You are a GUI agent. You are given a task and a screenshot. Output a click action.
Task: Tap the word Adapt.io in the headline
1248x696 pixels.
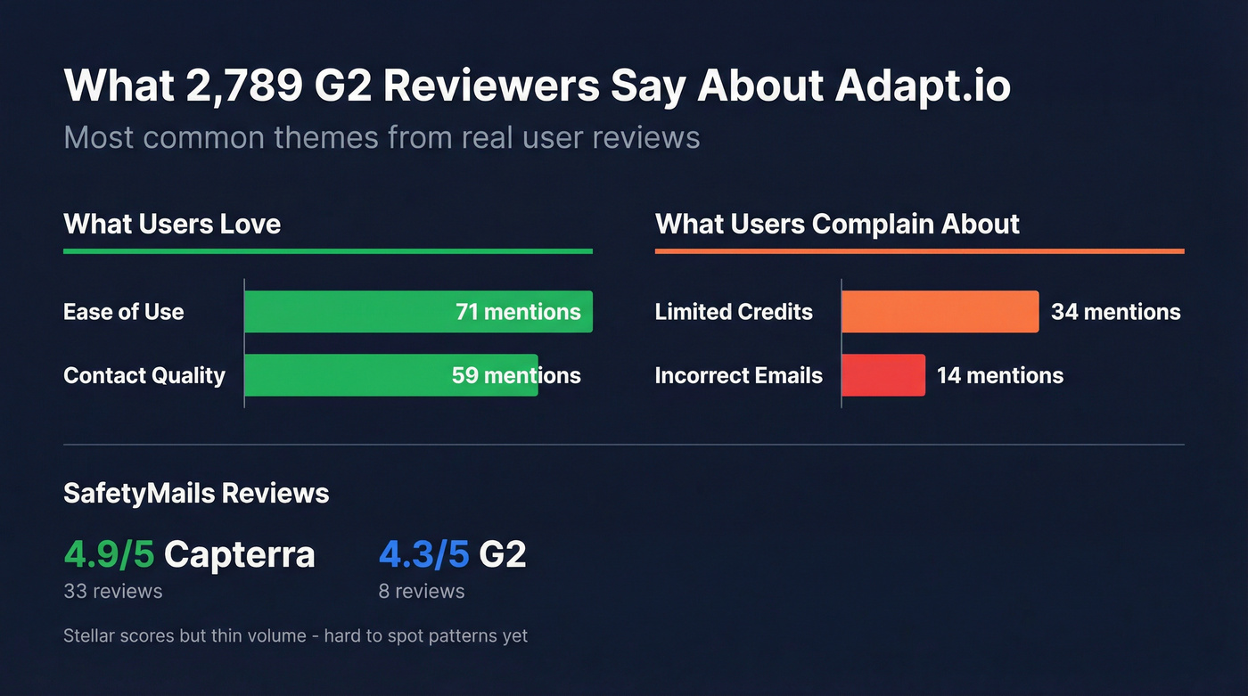923,86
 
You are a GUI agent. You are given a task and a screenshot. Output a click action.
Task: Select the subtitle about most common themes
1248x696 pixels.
382,138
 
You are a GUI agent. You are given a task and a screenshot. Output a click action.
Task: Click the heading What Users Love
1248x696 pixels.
172,224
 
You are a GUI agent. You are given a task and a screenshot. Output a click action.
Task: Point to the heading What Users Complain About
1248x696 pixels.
837,224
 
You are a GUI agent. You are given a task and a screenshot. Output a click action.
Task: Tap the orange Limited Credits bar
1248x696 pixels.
940,312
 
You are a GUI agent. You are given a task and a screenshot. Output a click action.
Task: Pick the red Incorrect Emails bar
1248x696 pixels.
883,375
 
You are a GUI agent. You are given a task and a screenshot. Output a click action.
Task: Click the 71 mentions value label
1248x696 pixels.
518,312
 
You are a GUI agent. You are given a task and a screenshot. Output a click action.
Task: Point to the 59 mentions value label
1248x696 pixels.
516,375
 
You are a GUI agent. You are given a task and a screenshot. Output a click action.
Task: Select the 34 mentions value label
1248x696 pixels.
1115,312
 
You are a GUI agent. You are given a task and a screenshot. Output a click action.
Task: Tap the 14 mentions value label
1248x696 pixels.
999,375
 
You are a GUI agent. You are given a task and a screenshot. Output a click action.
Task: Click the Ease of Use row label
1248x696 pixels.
124,312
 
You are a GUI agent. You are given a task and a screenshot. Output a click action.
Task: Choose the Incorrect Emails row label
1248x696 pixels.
738,375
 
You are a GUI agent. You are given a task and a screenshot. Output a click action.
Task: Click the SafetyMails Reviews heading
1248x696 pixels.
196,493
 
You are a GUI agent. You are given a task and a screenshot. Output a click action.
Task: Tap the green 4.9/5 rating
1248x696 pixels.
109,554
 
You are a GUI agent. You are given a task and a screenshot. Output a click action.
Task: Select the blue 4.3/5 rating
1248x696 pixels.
423,554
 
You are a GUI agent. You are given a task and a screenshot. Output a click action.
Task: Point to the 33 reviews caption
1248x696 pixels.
113,591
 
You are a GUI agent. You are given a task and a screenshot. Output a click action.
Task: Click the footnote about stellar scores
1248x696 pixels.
295,636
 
